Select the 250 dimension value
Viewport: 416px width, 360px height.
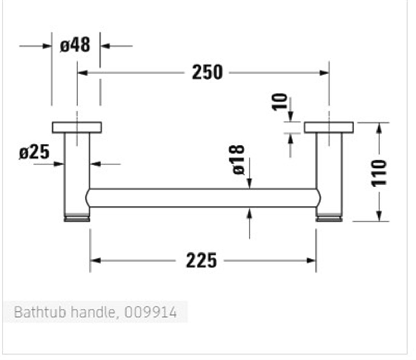207,73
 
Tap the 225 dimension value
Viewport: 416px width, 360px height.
201,260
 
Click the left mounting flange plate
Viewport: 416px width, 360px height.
77,127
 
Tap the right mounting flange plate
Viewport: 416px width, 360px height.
329,127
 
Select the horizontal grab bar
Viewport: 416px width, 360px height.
203,198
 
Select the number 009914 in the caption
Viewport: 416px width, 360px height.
150,312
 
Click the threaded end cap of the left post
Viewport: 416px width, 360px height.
77,218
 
